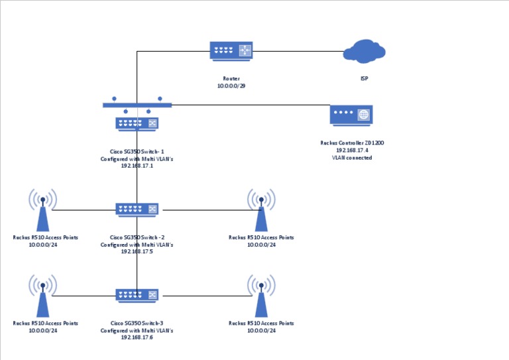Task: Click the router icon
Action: click(231, 50)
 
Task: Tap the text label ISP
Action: click(364, 79)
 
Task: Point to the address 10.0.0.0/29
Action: click(231, 86)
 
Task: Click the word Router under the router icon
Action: click(231, 79)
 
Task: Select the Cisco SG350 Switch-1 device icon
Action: click(137, 123)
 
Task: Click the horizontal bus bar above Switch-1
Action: click(137, 105)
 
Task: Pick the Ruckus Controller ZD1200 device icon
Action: click(351, 115)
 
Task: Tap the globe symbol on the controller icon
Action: click(363, 115)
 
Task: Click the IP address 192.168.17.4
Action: click(351, 150)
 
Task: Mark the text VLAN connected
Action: click(351, 158)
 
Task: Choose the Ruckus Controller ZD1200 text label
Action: click(351, 143)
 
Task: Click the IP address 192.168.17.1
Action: click(137, 166)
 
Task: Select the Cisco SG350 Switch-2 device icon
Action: click(137, 210)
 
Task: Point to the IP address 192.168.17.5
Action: click(137, 251)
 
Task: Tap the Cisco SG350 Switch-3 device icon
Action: click(137, 295)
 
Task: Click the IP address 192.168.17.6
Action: click(137, 337)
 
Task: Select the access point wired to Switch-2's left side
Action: click(42, 209)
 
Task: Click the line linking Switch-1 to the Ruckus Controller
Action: click(252, 105)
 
